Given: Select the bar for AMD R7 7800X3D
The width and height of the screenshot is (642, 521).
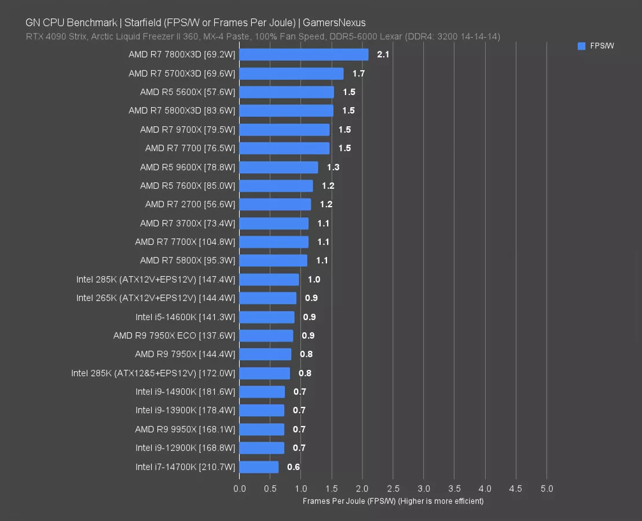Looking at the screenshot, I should [303, 54].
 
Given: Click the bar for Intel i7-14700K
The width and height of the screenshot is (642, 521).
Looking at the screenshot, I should [259, 467].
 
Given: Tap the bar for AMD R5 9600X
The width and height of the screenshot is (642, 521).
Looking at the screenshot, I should [278, 167].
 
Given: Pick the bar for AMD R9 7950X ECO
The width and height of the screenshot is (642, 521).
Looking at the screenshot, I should [266, 336].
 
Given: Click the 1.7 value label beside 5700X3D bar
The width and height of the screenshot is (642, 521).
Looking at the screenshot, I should [358, 74].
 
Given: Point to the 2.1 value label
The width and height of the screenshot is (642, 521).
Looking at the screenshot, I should [383, 54].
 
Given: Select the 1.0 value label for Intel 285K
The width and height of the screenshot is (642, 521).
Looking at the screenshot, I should [314, 280].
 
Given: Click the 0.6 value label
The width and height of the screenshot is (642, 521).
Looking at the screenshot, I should [294, 467].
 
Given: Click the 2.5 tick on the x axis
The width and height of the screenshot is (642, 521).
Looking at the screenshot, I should [393, 489].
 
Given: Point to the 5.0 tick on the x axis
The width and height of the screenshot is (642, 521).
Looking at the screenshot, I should [546, 489].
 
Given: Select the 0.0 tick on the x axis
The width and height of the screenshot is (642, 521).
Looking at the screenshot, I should [240, 489].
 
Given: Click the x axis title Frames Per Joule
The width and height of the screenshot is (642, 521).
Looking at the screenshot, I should [392, 501].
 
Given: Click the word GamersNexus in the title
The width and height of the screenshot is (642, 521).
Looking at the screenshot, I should [334, 23].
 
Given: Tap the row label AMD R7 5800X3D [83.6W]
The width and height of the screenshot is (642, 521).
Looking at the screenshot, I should [182, 111].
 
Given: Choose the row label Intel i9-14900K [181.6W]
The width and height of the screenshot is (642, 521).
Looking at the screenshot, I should [185, 392].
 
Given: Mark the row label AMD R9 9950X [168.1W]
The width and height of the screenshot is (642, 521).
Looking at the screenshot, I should [185, 429].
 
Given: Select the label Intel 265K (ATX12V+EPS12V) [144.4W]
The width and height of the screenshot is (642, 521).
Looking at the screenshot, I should [156, 298].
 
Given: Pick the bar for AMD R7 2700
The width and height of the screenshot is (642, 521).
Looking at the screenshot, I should [275, 204].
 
